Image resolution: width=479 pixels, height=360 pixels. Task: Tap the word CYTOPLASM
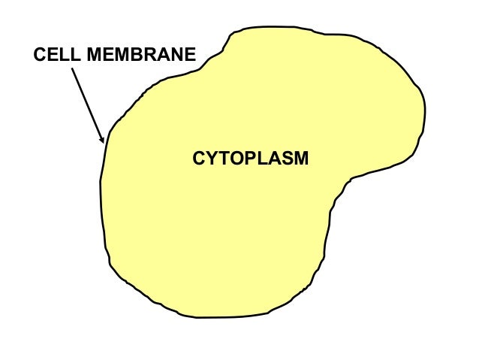[x=250, y=159]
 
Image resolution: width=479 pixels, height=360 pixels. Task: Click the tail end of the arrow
[x=72, y=68]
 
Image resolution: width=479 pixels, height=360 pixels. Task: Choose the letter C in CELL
[x=40, y=55]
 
